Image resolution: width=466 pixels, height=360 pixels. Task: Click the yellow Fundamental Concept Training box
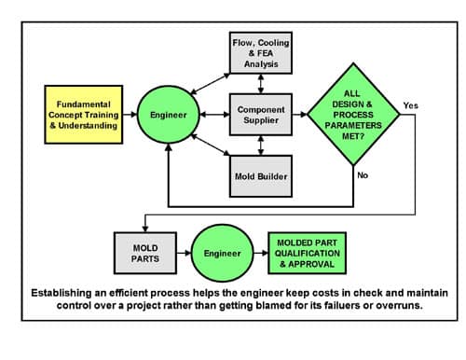click(81, 115)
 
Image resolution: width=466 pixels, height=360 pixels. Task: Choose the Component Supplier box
click(259, 116)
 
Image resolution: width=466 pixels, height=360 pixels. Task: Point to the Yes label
click(409, 104)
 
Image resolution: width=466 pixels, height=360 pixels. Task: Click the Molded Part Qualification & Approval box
click(309, 253)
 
